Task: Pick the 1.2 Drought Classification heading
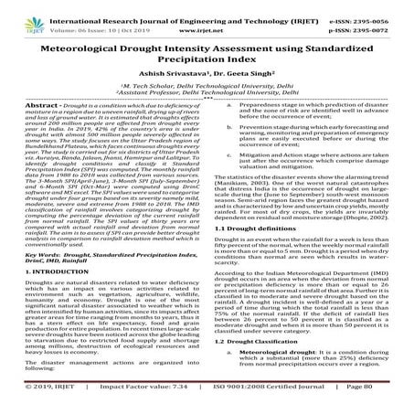[x=265, y=351]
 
